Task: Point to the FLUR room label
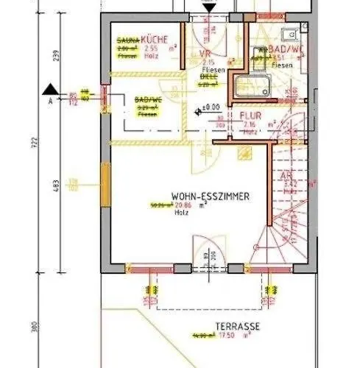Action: (251, 116)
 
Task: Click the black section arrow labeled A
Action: (50, 88)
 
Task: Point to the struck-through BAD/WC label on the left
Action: (148, 100)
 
